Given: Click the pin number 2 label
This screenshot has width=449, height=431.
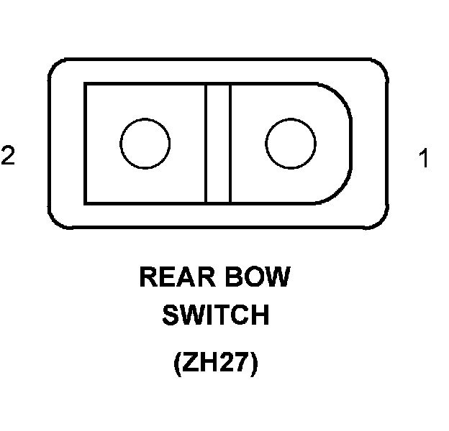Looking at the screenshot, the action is coord(8,156).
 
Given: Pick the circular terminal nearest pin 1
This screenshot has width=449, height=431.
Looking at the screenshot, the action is coord(289,142).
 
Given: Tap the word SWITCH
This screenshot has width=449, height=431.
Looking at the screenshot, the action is coord(216,316).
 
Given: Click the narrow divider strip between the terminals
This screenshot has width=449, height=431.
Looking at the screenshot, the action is coord(218,143).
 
